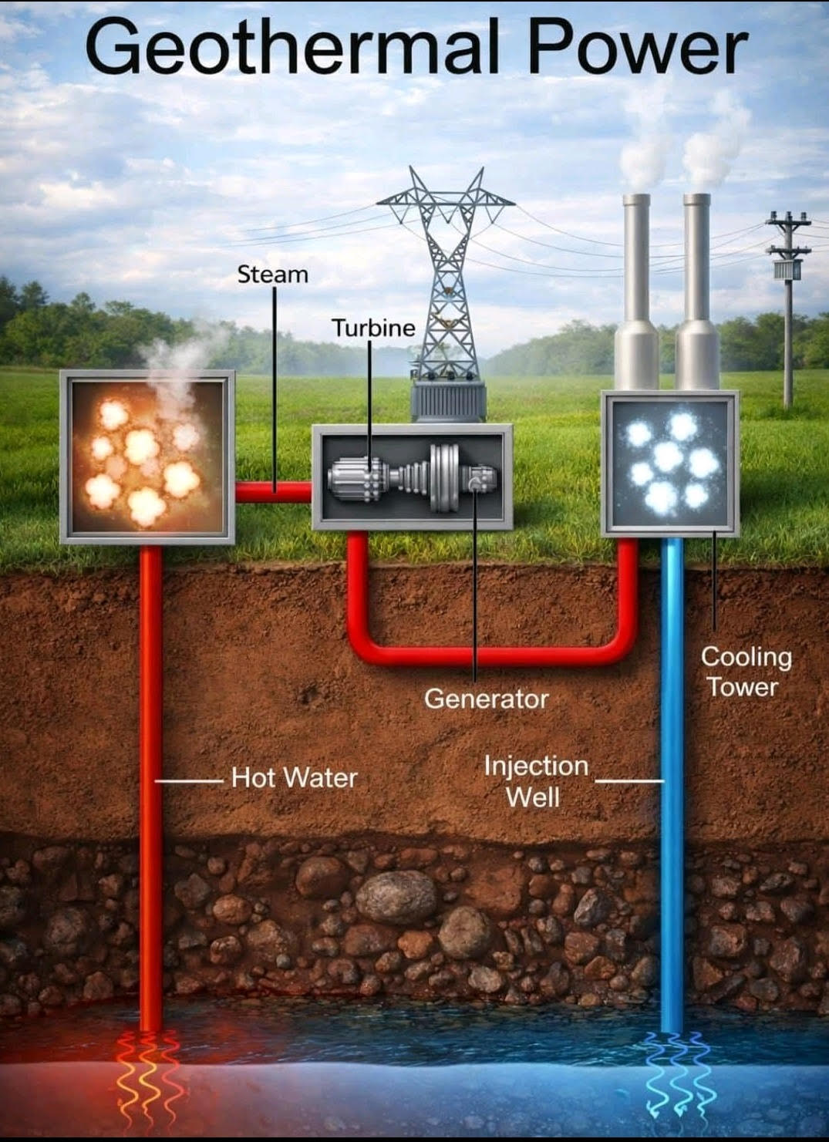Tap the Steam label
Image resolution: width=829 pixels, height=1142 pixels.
272,275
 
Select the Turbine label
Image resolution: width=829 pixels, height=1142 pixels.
373,328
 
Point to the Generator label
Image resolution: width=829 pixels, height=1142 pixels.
486,699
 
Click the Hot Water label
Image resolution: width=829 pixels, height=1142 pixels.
295,777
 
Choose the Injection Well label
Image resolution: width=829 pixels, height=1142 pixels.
536,780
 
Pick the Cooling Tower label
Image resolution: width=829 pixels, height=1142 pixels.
745,672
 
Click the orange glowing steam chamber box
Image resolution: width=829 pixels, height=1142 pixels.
147,457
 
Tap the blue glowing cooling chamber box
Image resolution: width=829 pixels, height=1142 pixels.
669,463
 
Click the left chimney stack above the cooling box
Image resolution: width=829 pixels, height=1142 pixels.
636,293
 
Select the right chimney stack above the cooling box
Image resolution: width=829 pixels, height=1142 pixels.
696,293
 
